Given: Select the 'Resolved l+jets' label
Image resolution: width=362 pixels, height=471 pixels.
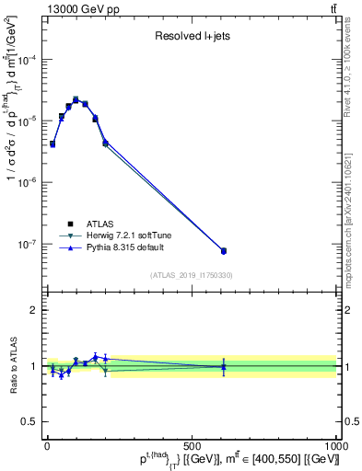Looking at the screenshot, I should (191, 37).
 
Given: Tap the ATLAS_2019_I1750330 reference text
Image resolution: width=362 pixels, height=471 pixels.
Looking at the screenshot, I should (191, 274).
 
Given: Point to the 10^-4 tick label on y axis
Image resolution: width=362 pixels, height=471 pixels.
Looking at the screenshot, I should (29, 60).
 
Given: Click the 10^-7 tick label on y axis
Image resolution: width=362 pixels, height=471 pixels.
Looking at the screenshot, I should (29, 245).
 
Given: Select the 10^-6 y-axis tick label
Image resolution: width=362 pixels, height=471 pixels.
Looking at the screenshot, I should (29, 183).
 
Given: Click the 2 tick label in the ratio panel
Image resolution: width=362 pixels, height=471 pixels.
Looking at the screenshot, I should (34, 310).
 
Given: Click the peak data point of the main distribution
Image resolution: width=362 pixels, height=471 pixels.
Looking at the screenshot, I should (76, 99).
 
